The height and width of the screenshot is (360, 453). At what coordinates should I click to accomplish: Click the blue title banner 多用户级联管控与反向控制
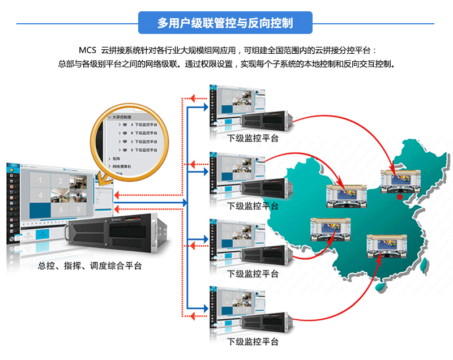tap(225, 23)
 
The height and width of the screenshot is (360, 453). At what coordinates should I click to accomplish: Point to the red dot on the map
tap(400, 198)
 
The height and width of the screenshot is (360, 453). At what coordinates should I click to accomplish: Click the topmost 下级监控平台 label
tap(253, 138)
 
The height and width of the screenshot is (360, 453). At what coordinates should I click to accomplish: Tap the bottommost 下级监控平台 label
tap(253, 342)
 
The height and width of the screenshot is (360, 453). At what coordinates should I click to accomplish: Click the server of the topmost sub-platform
tap(266, 119)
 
